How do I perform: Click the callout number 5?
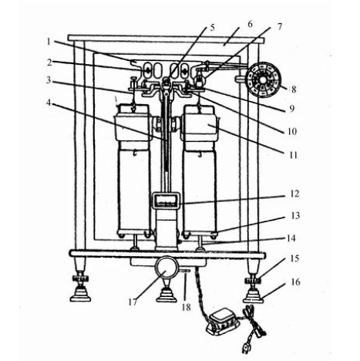coord(212,27)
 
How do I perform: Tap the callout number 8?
coord(294,89)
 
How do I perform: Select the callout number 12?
coord(294,194)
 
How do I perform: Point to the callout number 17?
coord(133,302)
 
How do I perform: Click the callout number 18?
coord(187,307)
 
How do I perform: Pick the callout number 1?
coord(49,41)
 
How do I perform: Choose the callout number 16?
coord(295,282)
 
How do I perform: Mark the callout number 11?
coord(294,155)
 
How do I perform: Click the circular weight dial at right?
coord(264,79)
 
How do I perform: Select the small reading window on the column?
coord(166,201)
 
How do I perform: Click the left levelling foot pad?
coord(80,295)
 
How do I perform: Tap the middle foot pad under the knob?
coord(167,295)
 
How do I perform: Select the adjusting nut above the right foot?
coord(254,280)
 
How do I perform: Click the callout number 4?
coord(49,103)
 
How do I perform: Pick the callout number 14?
coord(291,238)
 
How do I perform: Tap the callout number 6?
coord(250,25)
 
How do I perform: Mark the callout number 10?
coord(292,132)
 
